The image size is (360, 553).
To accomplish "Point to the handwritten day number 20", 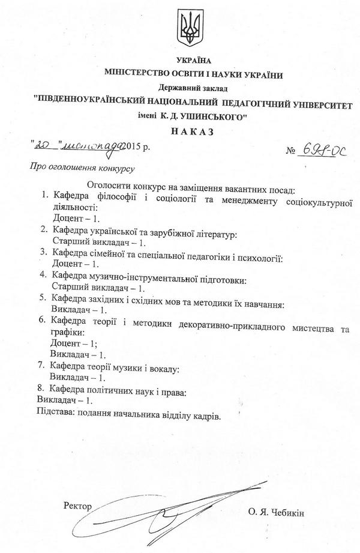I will tap(44, 145).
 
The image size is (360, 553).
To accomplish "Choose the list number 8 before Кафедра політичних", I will tap(40, 390).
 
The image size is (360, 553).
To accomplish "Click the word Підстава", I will tap(58, 414).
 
